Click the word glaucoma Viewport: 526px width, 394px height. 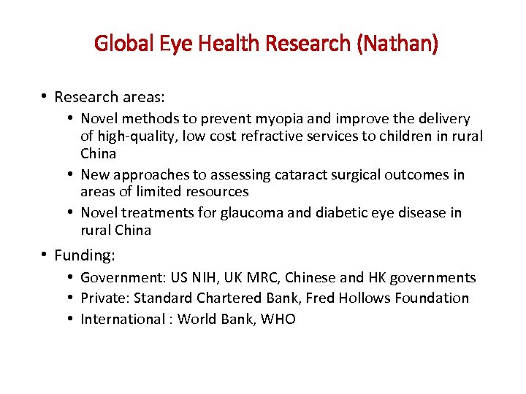[x=278, y=212]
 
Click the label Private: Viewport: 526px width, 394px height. [x=104, y=298]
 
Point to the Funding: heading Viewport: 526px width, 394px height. [x=85, y=256]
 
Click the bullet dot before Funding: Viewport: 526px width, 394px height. [x=45, y=255]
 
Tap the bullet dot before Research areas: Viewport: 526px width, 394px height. [x=45, y=96]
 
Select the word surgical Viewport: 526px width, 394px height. [x=357, y=174]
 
